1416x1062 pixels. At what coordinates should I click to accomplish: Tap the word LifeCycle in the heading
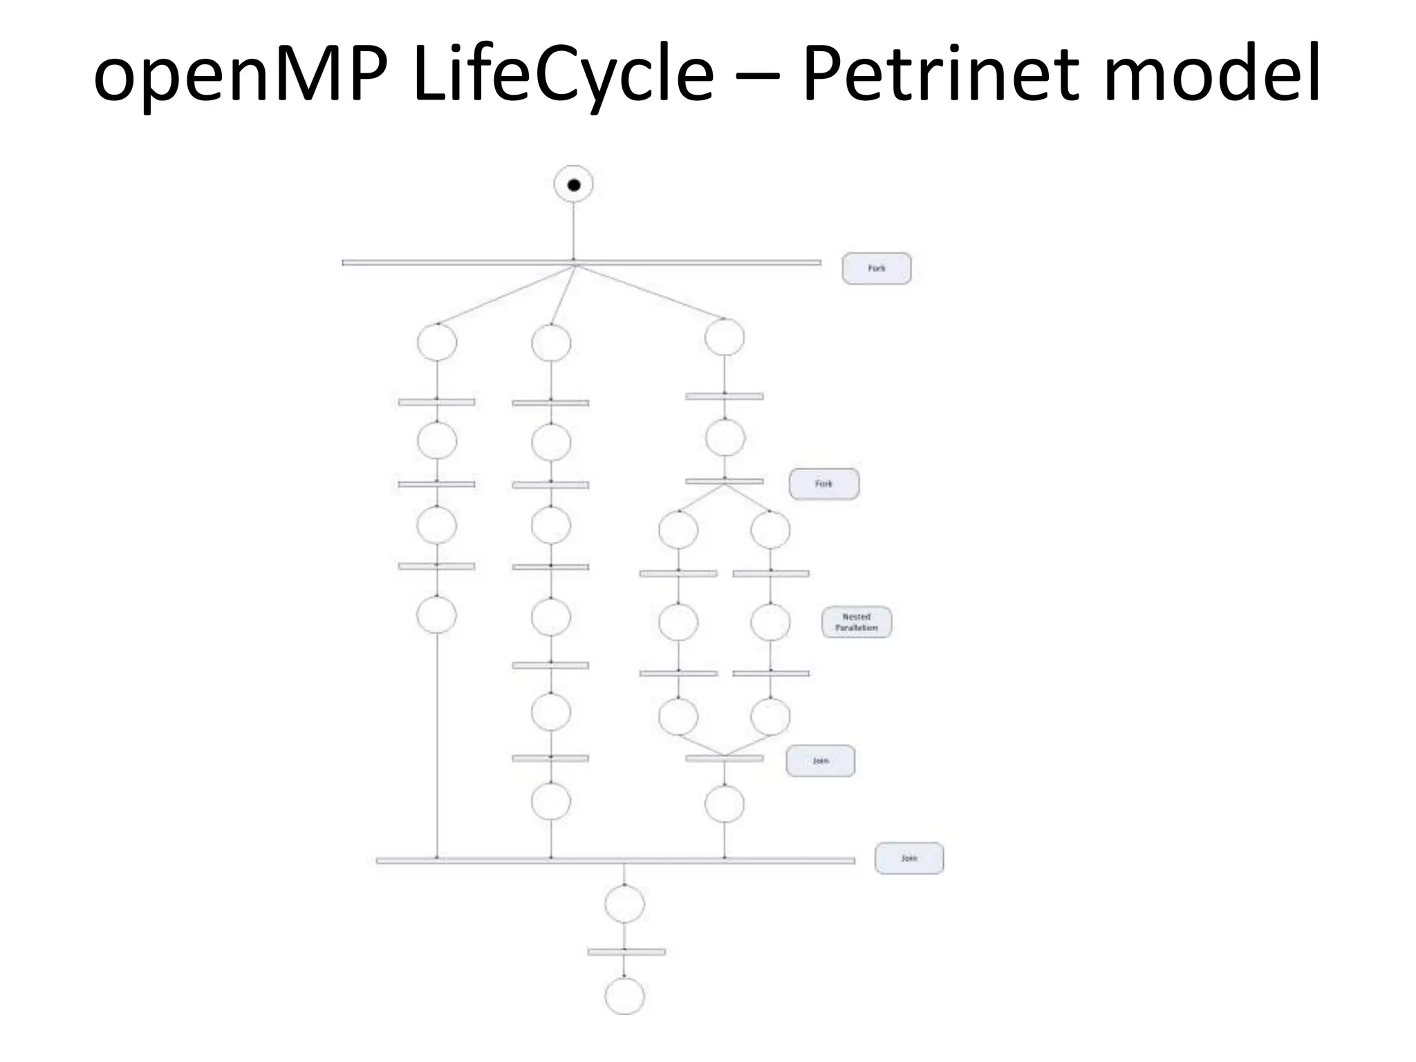(562, 73)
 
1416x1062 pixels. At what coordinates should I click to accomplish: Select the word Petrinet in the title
(940, 73)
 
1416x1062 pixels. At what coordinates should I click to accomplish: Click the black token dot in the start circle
(574, 185)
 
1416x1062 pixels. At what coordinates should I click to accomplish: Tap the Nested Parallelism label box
(856, 622)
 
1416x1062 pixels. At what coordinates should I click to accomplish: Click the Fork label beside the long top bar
(876, 268)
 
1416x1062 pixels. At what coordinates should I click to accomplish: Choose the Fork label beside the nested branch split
(823, 484)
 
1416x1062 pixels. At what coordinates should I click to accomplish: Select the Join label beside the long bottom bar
(909, 858)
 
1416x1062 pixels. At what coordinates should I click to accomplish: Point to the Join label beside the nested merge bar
(820, 761)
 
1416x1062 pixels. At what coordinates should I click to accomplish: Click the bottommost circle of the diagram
(624, 996)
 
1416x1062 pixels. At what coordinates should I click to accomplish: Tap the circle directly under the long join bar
(624, 904)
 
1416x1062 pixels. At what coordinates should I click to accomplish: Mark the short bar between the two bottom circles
(626, 952)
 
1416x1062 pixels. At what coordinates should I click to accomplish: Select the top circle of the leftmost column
(436, 342)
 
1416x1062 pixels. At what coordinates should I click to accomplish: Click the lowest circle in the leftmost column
(436, 615)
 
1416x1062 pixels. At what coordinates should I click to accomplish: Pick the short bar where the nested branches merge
(724, 758)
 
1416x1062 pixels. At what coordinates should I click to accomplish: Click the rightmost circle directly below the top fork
(724, 337)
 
